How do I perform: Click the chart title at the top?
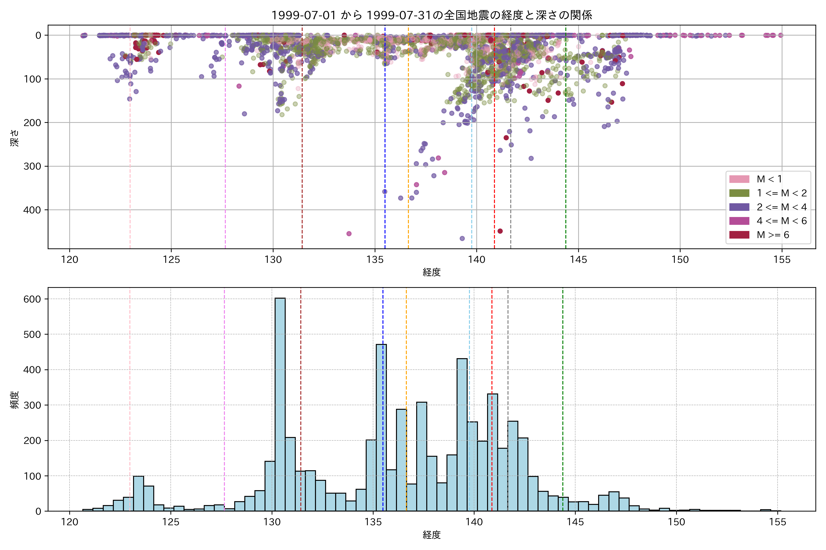tap(432, 15)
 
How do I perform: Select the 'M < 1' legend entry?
tap(769, 179)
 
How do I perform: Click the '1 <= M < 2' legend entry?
tap(781, 193)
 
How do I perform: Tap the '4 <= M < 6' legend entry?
tap(781, 221)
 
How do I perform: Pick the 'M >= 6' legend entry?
tap(773, 235)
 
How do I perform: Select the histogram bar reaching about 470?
tap(381, 428)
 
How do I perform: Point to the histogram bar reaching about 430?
tap(462, 435)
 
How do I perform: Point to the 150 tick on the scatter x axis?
tap(680, 260)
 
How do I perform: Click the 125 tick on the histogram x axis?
tap(171, 522)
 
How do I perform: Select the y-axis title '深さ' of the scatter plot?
tap(15, 138)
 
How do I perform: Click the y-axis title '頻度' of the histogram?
tap(15, 400)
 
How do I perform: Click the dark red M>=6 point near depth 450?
tap(500, 231)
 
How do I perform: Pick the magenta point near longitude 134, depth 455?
tap(349, 234)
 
